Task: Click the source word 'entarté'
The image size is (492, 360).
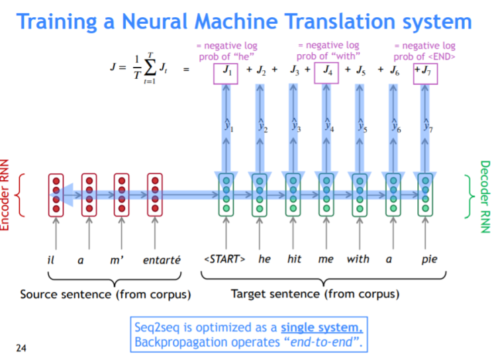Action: coord(162,259)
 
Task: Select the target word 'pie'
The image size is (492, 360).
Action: coord(429,259)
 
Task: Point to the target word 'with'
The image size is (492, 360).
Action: coord(358,259)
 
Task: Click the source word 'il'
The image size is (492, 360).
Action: coord(50,259)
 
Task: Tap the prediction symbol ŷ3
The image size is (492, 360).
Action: coord(296,125)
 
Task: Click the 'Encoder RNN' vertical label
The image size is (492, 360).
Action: coord(6,196)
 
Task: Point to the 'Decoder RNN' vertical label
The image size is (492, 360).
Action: coord(485,196)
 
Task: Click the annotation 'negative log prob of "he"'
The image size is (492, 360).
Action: coord(226,50)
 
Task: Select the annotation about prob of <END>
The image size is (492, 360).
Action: coord(424,50)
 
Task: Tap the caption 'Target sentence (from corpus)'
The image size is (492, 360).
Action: coord(315,294)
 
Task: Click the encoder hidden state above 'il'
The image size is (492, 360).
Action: coord(56,195)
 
